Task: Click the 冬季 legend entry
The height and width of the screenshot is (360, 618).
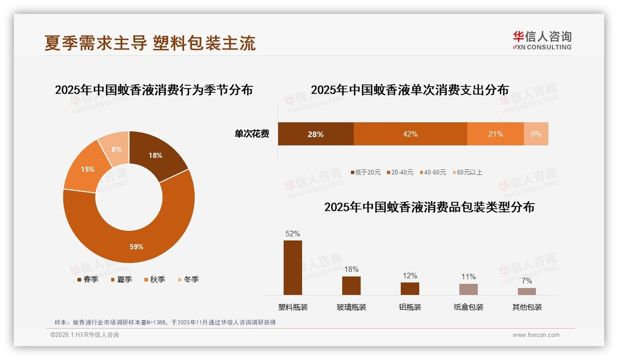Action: (188, 279)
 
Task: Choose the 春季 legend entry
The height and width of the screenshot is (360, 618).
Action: (88, 279)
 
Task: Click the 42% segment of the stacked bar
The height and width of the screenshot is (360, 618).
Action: (410, 134)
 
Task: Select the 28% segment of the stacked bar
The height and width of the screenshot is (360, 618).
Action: (315, 134)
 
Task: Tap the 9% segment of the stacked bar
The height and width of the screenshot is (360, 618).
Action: (536, 134)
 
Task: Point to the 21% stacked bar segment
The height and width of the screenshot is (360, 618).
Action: (495, 134)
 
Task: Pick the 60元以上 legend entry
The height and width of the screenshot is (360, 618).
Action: (467, 172)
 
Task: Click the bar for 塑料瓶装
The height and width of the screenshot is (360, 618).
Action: (293, 268)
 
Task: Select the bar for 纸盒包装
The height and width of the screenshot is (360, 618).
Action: (469, 289)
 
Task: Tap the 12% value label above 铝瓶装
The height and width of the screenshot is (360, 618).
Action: (410, 276)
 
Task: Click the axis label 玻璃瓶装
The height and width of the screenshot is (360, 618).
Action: (351, 307)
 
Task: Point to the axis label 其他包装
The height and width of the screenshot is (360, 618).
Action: (527, 307)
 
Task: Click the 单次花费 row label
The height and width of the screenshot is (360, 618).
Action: (252, 134)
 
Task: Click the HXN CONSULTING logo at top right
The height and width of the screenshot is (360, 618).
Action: (542, 40)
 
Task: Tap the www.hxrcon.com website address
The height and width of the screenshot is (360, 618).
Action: (536, 335)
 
